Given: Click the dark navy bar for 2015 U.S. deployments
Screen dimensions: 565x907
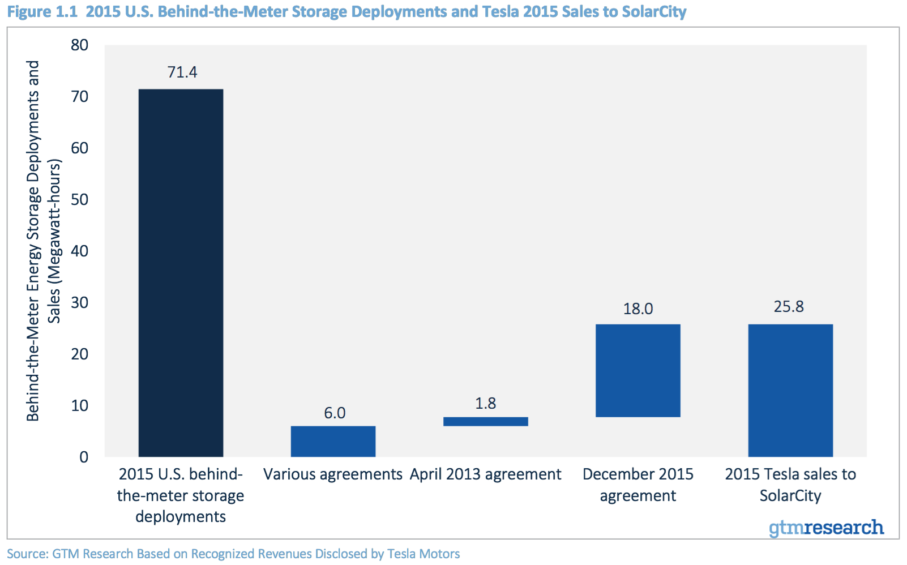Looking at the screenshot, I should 181,272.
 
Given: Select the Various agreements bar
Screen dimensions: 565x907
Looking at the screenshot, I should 333,441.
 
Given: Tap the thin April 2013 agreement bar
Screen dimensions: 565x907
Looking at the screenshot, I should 485,421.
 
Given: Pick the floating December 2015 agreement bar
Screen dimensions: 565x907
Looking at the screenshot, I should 638,370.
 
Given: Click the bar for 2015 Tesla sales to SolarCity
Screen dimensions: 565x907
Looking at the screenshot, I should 790,390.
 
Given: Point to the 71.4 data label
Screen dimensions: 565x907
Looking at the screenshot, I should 182,72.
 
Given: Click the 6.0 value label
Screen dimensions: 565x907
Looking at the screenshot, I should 335,413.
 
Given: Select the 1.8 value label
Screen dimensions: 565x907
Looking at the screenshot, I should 485,404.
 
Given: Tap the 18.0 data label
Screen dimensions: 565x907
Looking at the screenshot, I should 638,309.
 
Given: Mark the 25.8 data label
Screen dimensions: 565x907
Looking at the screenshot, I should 789,307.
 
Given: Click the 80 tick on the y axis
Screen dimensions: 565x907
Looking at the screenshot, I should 80,45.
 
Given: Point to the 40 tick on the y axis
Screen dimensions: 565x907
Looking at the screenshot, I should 80,251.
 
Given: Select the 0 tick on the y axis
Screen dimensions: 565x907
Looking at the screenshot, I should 84,457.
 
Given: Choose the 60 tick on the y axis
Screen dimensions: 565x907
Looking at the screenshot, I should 80,148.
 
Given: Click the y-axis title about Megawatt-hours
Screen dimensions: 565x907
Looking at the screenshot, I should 43,241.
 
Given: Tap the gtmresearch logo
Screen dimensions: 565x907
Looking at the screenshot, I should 825,528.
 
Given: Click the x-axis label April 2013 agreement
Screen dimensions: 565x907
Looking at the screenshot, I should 485,474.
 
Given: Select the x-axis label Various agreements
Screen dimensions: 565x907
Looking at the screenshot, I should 333,474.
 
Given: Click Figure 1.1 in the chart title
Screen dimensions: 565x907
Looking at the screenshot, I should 42,12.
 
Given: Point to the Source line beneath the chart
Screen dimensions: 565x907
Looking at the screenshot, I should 233,554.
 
